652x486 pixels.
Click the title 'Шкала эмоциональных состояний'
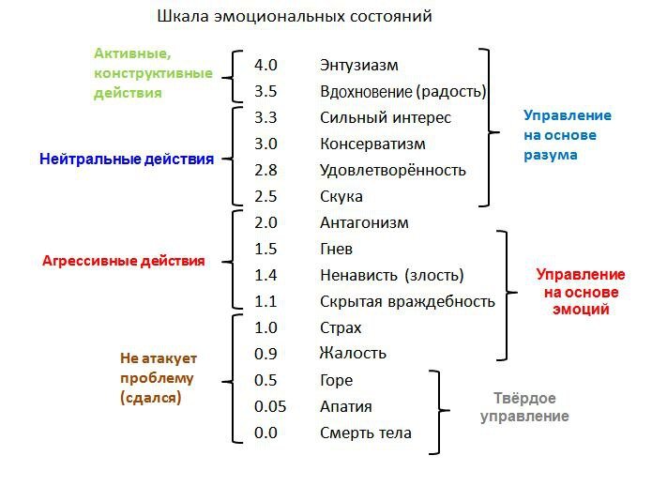click(294, 17)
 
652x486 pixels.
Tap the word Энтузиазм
click(358, 66)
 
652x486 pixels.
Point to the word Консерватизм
click(372, 144)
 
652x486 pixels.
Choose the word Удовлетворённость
click(392, 171)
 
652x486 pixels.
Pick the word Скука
click(341, 197)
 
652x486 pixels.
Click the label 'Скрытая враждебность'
click(407, 302)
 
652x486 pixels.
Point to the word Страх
click(341, 328)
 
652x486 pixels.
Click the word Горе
click(336, 381)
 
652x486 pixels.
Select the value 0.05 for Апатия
click(269, 407)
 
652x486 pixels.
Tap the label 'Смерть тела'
click(365, 433)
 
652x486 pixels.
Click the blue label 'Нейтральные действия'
click(127, 159)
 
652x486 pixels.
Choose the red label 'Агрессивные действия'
click(123, 262)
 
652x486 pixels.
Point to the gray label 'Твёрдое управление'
click(525, 406)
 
